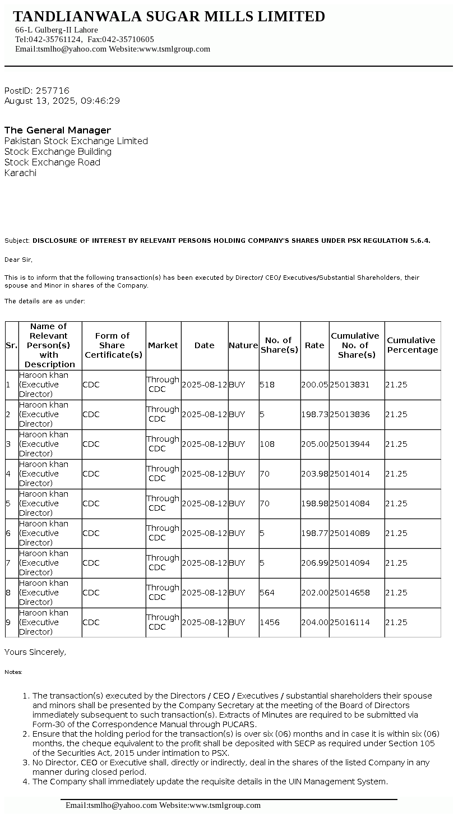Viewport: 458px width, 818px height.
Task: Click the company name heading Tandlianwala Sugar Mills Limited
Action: click(169, 17)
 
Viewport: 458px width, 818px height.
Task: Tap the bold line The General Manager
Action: click(58, 130)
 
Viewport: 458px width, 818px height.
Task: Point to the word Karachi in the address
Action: click(20, 173)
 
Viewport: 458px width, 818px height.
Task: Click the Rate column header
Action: click(314, 345)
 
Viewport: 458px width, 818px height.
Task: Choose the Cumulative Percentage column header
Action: click(413, 345)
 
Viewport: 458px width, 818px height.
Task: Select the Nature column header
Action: click(243, 345)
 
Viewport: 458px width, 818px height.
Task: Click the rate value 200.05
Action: click(314, 385)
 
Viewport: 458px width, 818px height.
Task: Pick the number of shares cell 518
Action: click(267, 385)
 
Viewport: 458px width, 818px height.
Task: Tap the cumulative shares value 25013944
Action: click(350, 444)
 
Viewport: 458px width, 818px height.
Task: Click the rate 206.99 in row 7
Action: click(314, 563)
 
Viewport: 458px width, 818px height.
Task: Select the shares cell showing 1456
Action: click(270, 622)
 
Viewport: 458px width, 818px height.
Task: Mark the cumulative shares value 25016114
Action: click(350, 622)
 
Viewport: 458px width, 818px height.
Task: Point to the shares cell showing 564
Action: click(267, 593)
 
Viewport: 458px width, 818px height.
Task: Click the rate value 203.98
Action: click(314, 474)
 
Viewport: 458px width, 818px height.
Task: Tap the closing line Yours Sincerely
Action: click(35, 652)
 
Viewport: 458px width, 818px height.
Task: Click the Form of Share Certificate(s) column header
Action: click(114, 345)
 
